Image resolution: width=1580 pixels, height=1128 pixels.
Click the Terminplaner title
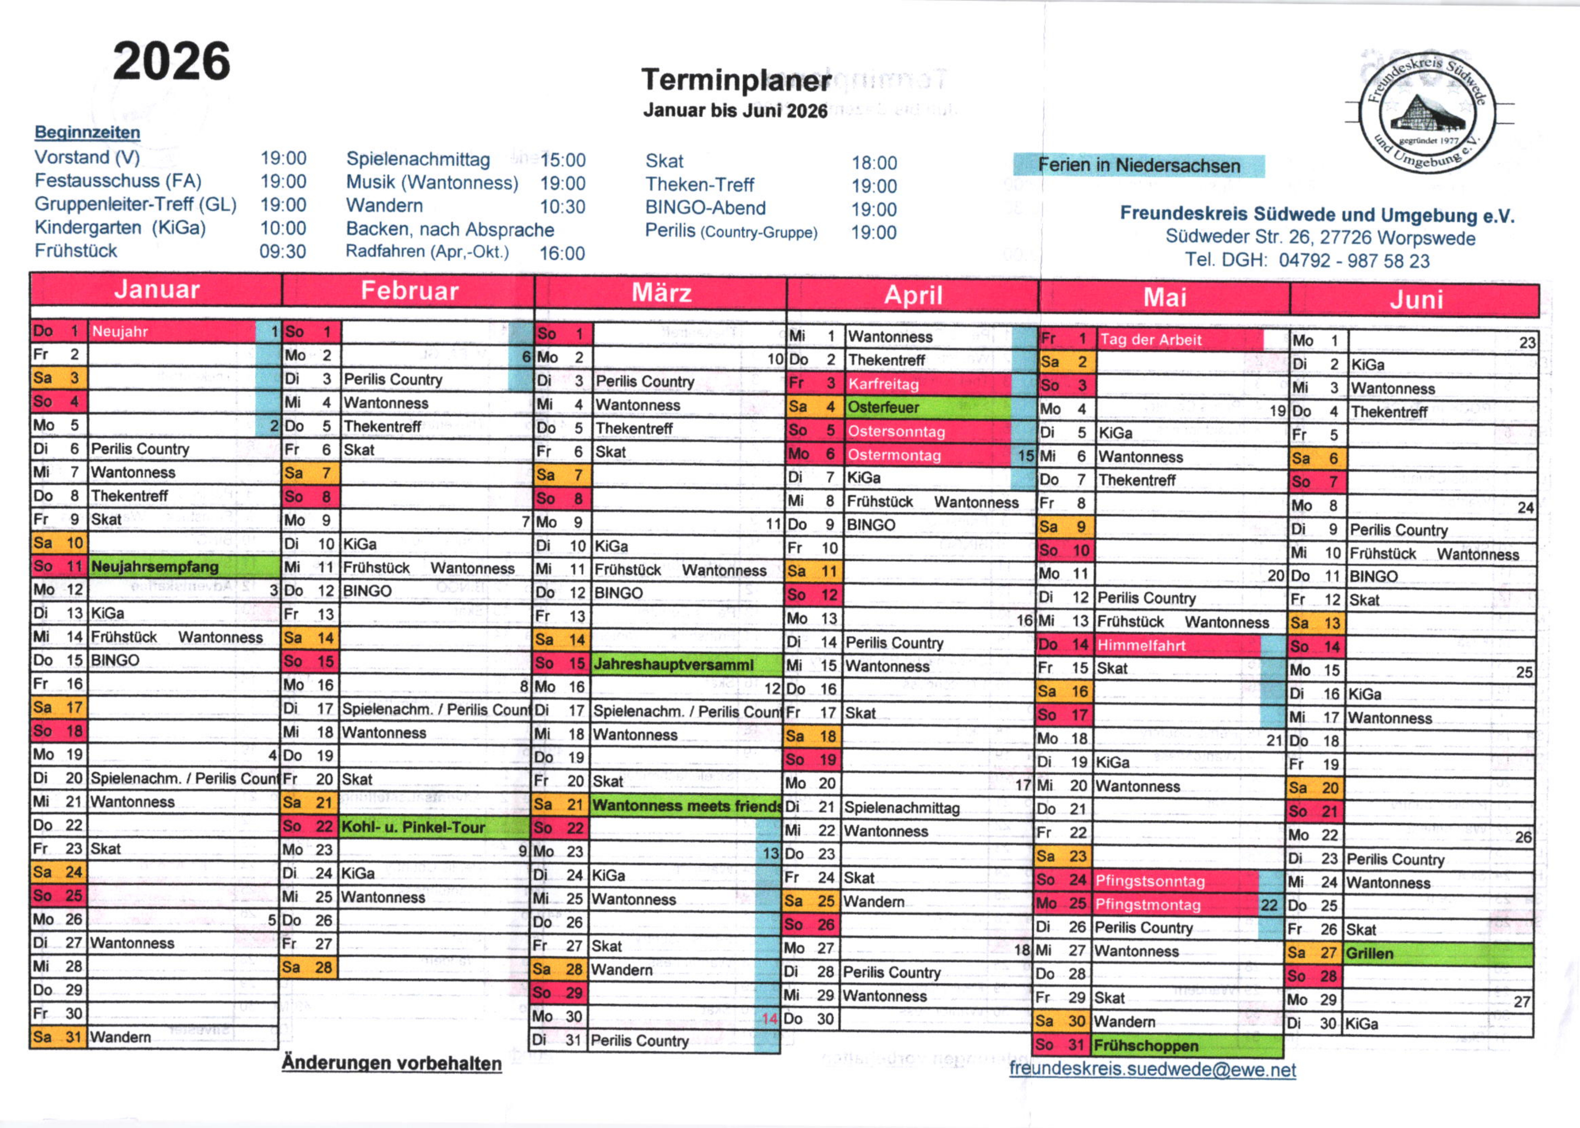735,81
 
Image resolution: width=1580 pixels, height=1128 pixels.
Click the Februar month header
409,291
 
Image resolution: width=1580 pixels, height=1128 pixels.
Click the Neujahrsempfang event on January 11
155,567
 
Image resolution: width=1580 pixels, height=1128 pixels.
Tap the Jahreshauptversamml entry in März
673,664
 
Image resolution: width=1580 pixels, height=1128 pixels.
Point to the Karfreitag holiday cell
883,384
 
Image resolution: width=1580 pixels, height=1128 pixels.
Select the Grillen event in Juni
1370,954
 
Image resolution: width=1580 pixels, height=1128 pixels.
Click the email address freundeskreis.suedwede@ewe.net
1152,1070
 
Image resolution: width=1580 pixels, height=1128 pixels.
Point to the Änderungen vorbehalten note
391,1063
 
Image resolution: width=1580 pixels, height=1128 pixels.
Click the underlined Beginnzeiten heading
87,132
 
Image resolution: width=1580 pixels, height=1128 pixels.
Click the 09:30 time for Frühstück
283,251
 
